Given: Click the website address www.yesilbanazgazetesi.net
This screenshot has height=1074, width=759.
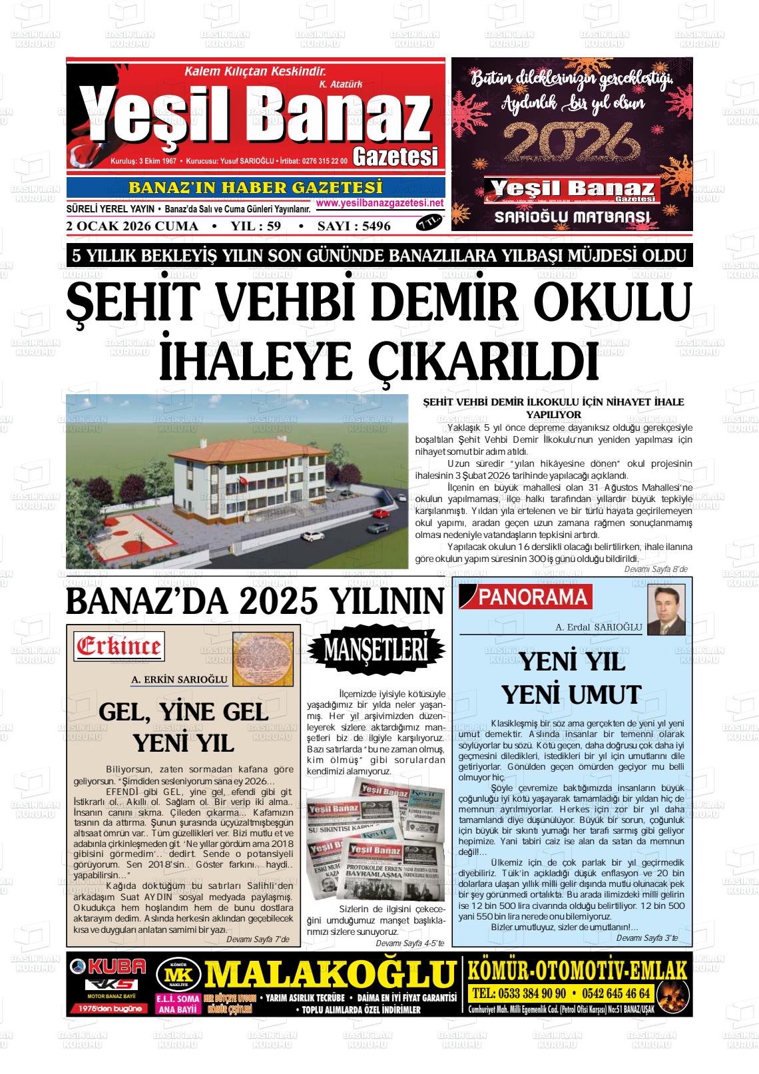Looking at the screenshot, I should click(x=379, y=203).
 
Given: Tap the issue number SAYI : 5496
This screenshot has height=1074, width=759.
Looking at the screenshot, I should click(x=354, y=226).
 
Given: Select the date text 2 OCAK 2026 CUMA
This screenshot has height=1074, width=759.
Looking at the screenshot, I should click(x=132, y=226).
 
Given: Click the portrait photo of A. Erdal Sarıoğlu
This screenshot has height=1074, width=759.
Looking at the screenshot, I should click(x=666, y=610).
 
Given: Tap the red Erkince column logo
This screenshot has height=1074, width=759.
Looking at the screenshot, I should click(x=120, y=646).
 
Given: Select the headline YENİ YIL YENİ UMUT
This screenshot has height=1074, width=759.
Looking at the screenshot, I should click(x=571, y=678).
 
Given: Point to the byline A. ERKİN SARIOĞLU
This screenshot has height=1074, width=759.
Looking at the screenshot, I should click(x=180, y=680).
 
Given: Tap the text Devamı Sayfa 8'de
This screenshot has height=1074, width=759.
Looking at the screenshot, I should click(x=655, y=569).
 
